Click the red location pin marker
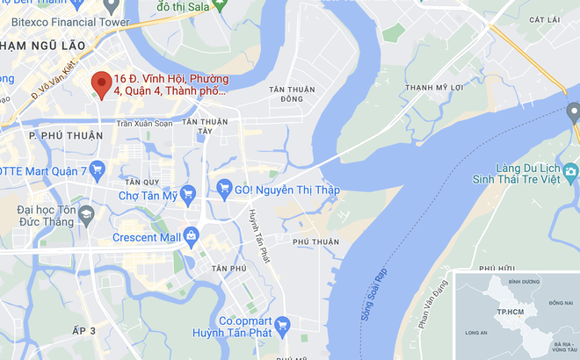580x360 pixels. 101,83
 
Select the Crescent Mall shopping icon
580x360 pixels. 191,235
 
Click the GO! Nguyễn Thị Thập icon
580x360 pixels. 224,187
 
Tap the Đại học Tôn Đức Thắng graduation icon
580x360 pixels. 86,213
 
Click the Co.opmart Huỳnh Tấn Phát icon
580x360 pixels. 283,326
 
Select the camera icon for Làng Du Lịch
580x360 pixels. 571,170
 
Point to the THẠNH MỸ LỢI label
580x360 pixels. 432,88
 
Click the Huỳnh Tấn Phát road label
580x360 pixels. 257,236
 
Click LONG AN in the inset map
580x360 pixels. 476,333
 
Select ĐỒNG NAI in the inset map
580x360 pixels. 561,302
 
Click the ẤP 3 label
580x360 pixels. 85,330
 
